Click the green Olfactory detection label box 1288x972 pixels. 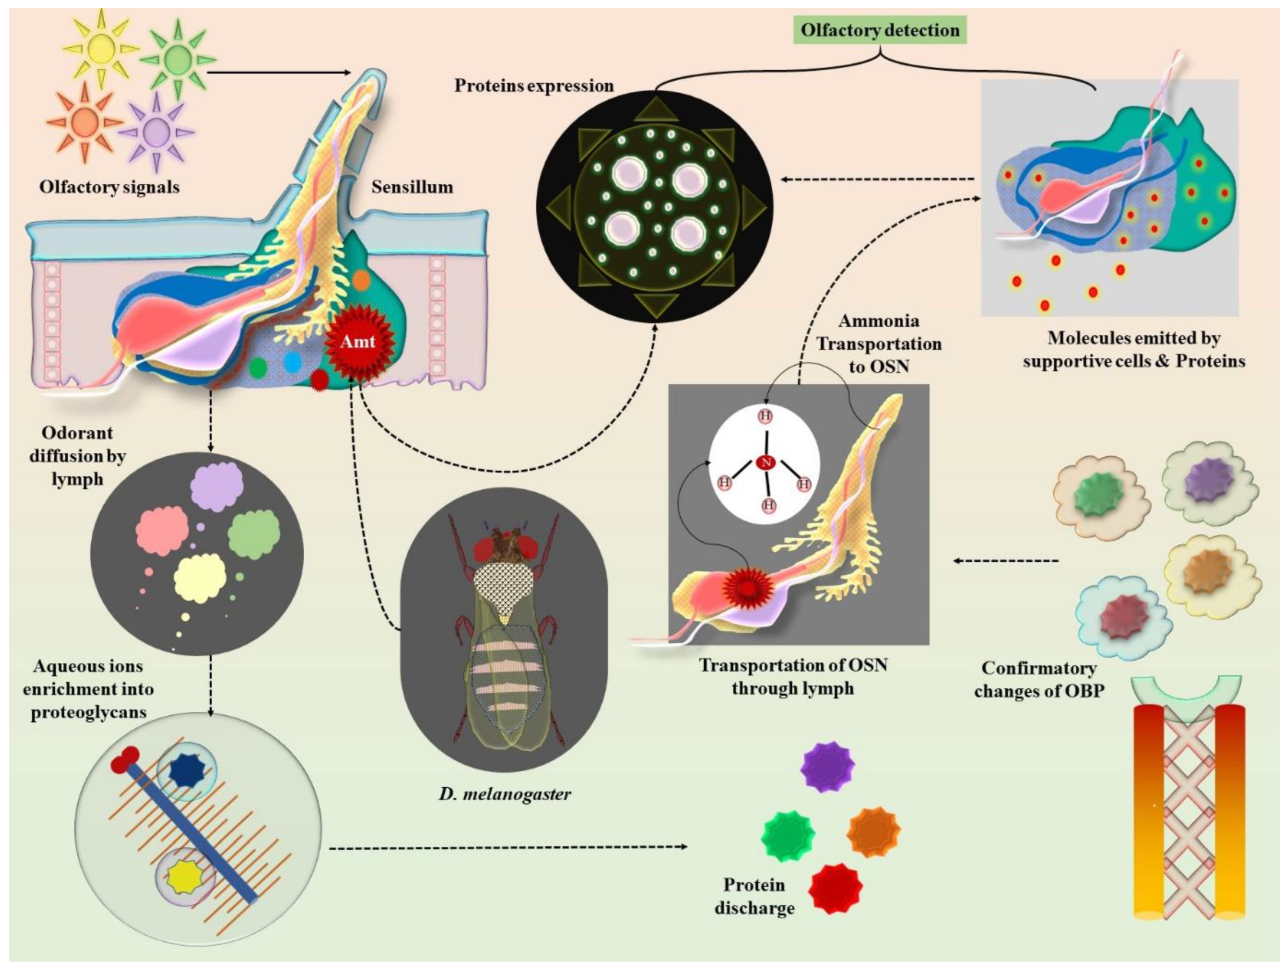pos(880,30)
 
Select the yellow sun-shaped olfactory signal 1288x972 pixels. pos(100,47)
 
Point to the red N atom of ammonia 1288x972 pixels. pos(766,463)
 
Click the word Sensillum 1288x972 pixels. pos(412,187)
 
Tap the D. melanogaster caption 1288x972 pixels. pos(505,793)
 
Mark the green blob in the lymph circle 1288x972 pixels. pos(253,535)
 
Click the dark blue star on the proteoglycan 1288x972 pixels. pos(187,771)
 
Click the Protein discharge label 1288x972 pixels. pos(754,896)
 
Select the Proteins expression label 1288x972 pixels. pos(534,85)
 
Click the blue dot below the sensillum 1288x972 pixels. pos(292,363)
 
